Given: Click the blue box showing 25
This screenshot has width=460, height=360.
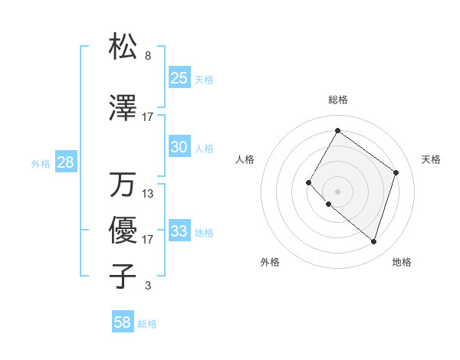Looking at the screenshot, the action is click(179, 78).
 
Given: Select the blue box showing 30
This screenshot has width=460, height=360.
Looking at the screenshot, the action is click(179, 147).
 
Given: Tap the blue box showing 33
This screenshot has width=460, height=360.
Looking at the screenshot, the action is click(179, 231).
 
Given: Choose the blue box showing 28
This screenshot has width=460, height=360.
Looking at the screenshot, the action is click(65, 162).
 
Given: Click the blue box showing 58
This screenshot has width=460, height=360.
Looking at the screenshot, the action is click(123, 322).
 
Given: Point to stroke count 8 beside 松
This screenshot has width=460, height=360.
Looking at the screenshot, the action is click(148, 57).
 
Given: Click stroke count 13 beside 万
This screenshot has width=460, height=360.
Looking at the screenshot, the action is click(148, 194).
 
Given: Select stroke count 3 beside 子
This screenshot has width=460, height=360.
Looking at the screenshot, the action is click(148, 286).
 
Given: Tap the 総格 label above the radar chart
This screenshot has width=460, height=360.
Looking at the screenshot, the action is click(337, 100).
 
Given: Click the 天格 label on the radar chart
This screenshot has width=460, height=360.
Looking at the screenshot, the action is click(431, 159).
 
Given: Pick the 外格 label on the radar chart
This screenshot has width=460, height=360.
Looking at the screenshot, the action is click(270, 262).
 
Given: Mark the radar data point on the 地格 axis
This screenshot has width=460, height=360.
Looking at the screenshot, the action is click(373, 242).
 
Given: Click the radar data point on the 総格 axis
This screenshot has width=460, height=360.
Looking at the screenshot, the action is click(337, 130).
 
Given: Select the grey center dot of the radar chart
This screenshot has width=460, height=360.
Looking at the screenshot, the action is click(337, 191).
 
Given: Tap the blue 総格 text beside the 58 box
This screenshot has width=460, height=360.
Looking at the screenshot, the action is click(147, 324).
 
